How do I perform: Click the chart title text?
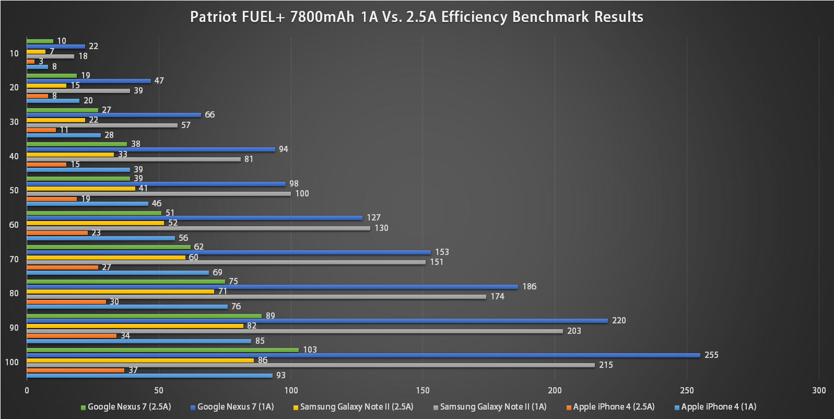pos(416,17)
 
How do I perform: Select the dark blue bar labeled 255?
pos(363,355)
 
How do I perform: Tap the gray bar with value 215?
pos(311,365)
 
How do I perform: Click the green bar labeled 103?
pos(162,350)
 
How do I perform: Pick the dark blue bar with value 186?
pos(272,287)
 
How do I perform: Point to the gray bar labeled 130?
pos(198,228)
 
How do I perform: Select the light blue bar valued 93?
pos(149,376)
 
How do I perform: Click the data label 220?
pos(619,321)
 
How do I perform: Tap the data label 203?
pos(574,331)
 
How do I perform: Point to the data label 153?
pos(442,252)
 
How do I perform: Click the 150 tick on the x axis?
pos(423,390)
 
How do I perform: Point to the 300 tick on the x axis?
pos(819,390)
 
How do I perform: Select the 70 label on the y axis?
pos(14,259)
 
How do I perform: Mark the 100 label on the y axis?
pos(12,362)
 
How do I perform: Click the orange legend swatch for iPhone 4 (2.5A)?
pos(569,408)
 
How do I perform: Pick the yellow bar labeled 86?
pos(140,360)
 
